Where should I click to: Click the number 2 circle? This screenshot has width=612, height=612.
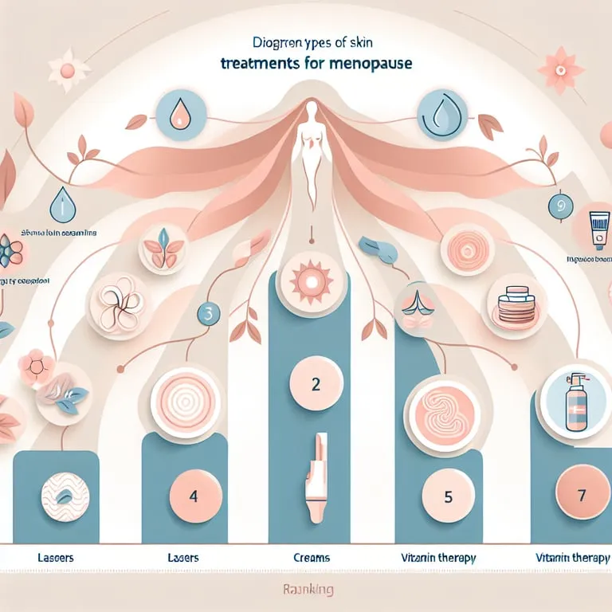point(315,385)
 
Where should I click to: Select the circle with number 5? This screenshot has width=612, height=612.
point(447,497)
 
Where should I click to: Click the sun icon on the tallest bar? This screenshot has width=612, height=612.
point(306,281)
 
